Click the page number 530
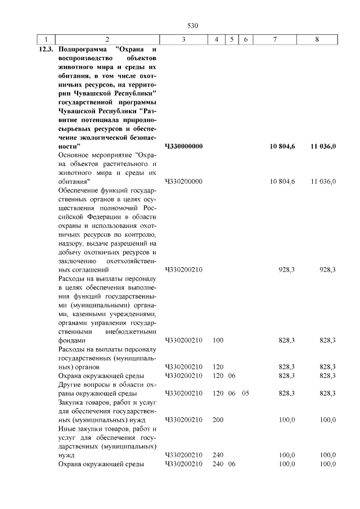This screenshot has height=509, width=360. pyautogui.click(x=192, y=26)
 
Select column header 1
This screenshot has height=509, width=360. pyautogui.click(x=45, y=39)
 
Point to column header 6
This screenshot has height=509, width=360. pyautogui.click(x=245, y=39)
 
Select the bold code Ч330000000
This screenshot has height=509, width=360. pyautogui.click(x=184, y=146)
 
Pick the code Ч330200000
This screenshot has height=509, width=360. pyautogui.click(x=184, y=182)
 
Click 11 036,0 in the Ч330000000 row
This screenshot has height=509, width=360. pyautogui.click(x=322, y=146)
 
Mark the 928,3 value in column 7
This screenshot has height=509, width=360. pyautogui.click(x=287, y=270)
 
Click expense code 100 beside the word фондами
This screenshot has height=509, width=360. pyautogui.click(x=218, y=340)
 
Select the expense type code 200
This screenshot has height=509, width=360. pyautogui.click(x=218, y=420)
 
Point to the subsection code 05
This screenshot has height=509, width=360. pyautogui.click(x=245, y=393)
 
